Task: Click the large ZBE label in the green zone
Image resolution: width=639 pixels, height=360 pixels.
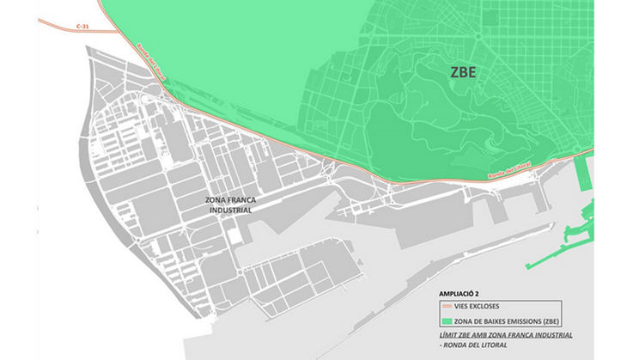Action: point(463,73)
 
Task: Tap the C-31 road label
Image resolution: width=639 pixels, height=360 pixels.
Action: point(82,27)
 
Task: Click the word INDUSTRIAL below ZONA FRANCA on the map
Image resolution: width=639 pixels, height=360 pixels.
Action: point(229,210)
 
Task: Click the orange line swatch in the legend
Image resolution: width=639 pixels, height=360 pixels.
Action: point(447,306)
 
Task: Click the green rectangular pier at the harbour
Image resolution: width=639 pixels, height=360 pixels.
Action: point(585,175)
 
